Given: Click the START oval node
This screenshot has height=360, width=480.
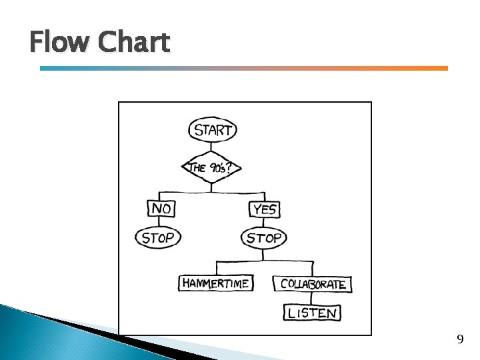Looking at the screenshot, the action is (x=213, y=129).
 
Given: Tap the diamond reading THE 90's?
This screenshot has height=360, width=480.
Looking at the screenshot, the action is (x=211, y=167).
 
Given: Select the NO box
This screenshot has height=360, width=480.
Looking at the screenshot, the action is (x=161, y=209).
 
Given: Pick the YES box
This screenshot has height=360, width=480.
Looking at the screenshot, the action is (x=264, y=209).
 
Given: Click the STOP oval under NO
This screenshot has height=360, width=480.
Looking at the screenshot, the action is (x=158, y=237).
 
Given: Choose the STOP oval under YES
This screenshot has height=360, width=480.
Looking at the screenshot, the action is (x=264, y=237).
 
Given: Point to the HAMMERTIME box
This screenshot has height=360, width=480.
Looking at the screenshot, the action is (x=215, y=283).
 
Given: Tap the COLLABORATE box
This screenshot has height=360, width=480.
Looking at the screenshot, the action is (x=313, y=284).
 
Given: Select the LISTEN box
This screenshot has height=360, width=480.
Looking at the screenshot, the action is (x=313, y=312).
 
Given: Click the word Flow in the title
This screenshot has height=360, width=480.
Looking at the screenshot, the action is (x=60, y=43).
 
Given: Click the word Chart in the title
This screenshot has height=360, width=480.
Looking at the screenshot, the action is (x=133, y=43).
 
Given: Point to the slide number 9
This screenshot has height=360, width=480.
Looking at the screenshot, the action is (x=460, y=340).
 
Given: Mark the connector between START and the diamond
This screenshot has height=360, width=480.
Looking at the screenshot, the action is (x=212, y=148).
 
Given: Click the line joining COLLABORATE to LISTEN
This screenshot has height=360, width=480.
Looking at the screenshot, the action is (x=312, y=297).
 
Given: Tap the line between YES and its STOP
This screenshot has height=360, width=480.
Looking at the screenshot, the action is (x=264, y=223).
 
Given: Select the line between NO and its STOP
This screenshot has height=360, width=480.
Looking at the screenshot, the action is (x=160, y=223).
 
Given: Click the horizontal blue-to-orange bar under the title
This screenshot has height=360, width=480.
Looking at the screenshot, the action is (x=244, y=68).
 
